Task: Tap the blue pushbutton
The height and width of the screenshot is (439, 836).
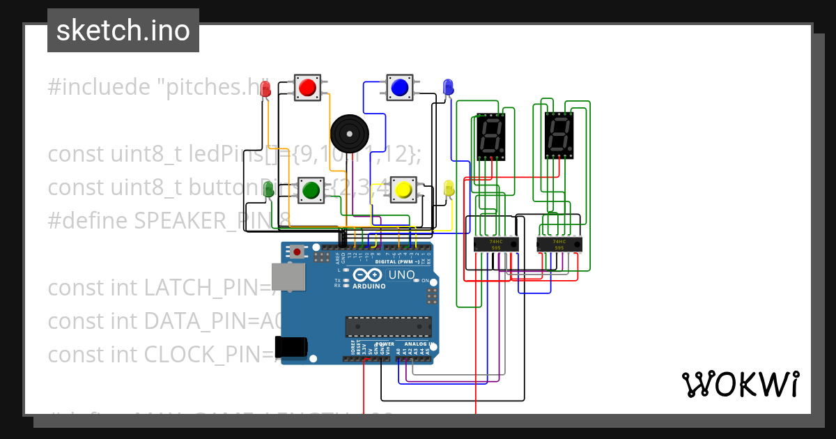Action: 399,87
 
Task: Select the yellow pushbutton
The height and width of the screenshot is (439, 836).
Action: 403,189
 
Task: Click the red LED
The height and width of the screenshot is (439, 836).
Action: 265,89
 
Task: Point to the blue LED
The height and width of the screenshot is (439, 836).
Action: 448,87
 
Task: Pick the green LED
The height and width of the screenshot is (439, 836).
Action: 268,187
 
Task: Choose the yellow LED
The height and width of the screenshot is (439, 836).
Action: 449,187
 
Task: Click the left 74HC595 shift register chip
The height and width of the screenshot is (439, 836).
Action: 496,245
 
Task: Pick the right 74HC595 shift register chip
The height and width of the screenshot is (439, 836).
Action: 559,245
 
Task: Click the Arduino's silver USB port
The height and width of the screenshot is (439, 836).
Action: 287,277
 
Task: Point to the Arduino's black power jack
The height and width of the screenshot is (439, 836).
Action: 291,346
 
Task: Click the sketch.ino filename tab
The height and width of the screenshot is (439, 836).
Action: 123,31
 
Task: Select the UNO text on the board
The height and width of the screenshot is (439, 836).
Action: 401,275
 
